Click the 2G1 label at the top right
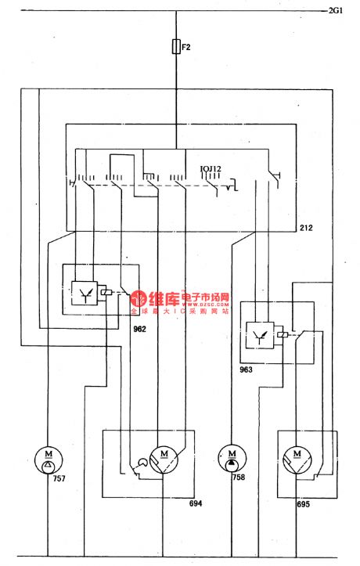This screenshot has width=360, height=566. (336, 11)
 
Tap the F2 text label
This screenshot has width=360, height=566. (186, 48)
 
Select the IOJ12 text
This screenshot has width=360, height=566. (211, 168)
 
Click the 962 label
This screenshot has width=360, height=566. (139, 329)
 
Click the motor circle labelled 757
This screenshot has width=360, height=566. (49, 457)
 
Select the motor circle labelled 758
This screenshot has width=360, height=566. (232, 457)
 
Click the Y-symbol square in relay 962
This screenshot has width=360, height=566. (83, 293)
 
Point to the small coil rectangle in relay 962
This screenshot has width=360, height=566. (106, 293)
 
